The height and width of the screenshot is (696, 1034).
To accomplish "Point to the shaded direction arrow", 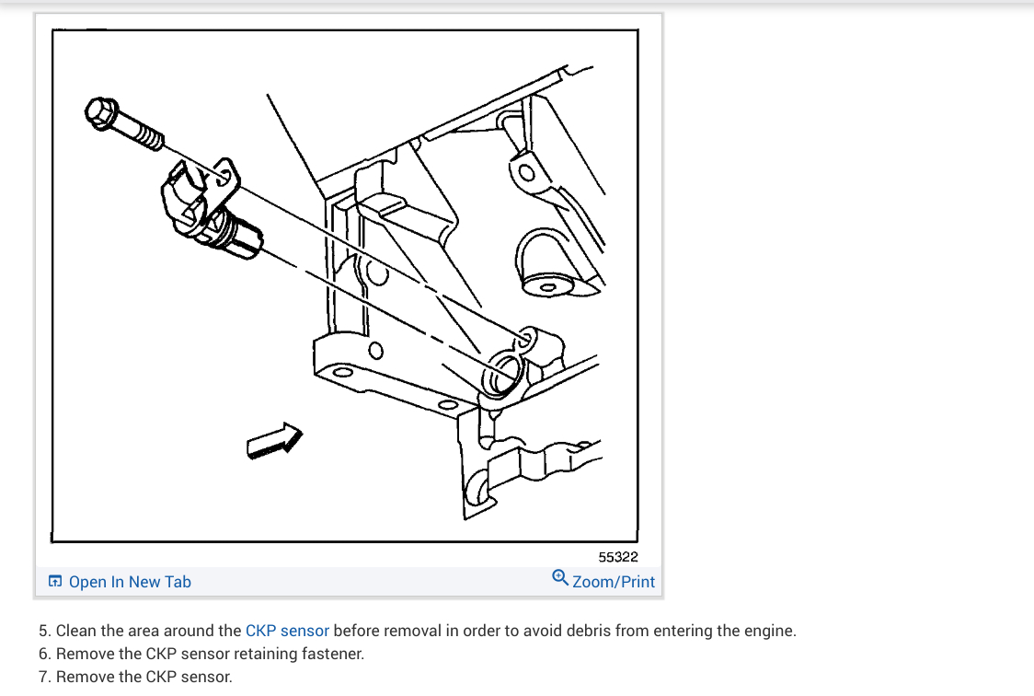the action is (274, 439).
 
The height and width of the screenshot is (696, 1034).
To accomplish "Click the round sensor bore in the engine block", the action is (505, 375).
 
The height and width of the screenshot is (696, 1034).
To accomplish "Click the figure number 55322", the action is (617, 557).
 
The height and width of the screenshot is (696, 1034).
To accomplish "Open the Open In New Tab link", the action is (130, 582).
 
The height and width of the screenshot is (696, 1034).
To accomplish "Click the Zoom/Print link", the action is (614, 582).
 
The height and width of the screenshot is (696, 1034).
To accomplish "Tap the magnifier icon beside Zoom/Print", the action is (559, 578).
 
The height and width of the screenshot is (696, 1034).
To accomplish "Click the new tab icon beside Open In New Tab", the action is (55, 582).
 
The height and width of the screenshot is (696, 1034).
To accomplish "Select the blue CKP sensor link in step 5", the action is (287, 632).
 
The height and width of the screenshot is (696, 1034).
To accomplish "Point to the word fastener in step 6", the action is (334, 655).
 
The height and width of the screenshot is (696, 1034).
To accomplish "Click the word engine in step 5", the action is (768, 632).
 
